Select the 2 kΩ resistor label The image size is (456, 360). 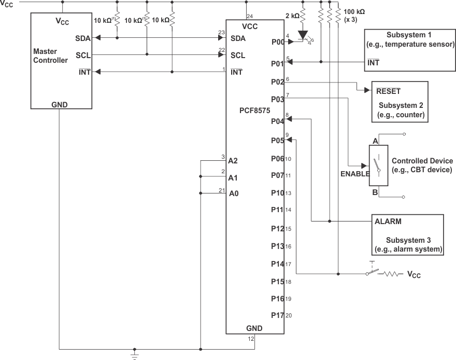(x=292, y=16)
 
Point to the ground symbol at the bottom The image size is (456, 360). (x=135, y=355)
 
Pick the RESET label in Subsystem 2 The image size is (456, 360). (x=388, y=90)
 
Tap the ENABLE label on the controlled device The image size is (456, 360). (x=354, y=174)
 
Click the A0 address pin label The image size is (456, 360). (x=233, y=193)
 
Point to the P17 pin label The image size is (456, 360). (x=277, y=315)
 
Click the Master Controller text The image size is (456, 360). (x=50, y=56)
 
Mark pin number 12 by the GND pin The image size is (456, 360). (x=251, y=339)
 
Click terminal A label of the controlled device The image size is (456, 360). (x=375, y=141)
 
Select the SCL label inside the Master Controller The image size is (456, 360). (x=83, y=55)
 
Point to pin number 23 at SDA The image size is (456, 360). (x=221, y=33)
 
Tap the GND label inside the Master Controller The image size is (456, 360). (x=60, y=104)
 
